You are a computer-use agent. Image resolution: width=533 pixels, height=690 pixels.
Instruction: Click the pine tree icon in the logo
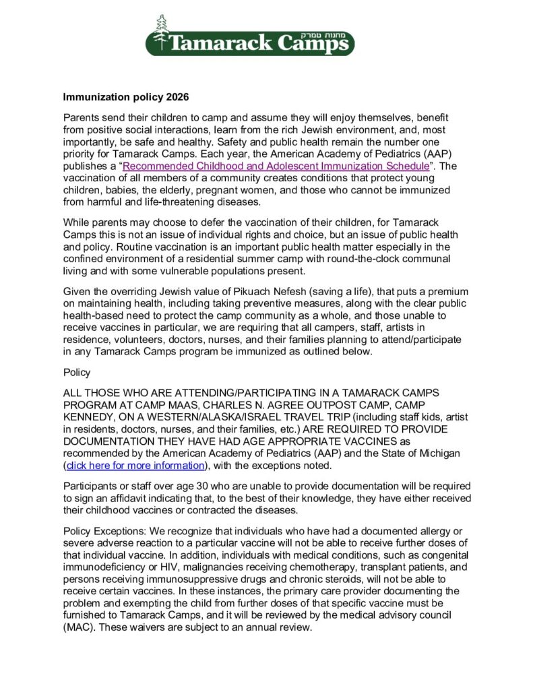tap(160, 33)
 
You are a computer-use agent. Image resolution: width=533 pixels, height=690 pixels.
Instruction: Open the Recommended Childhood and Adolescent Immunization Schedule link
tap(275, 166)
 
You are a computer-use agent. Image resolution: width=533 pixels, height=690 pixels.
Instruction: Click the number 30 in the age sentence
tap(180, 487)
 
